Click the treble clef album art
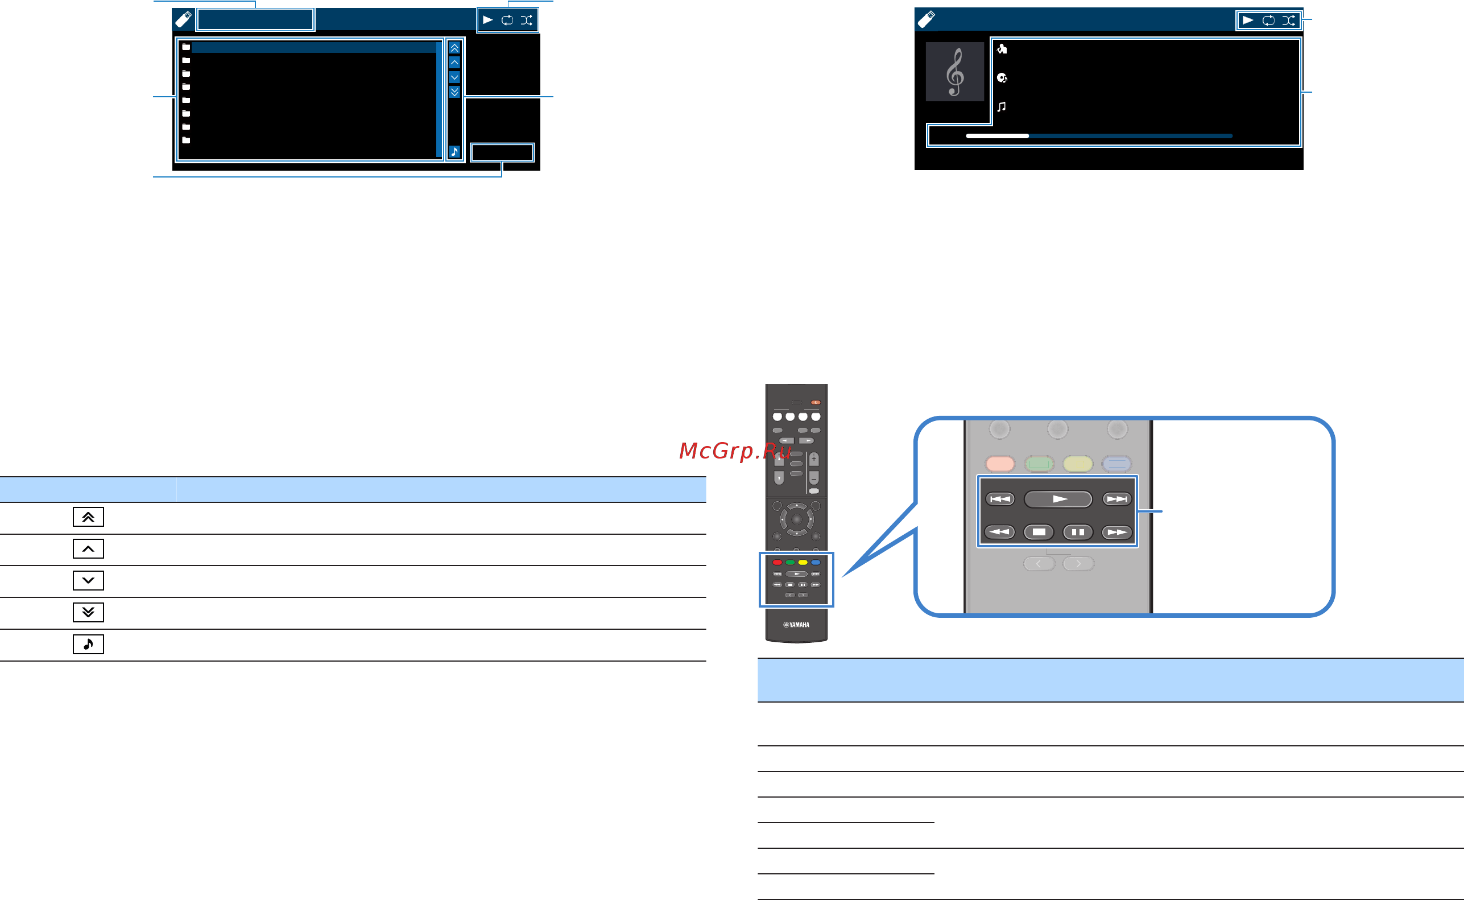click(x=954, y=72)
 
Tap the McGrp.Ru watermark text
click(x=735, y=451)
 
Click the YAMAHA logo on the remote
click(x=796, y=625)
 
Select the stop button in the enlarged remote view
click(x=1039, y=532)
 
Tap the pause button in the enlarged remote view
click(x=1078, y=532)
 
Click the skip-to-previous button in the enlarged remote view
click(x=1000, y=499)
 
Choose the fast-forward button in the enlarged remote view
click(x=1116, y=532)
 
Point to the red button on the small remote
click(x=778, y=563)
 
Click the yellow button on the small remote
click(x=803, y=563)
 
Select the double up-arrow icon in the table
click(x=88, y=517)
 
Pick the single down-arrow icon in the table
click(x=88, y=580)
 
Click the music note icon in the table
click(x=88, y=644)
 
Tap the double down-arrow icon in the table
click(x=88, y=612)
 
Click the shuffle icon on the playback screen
click(x=1288, y=20)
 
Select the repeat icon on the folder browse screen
click(x=507, y=20)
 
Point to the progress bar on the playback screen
click(x=1099, y=136)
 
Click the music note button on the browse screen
click(x=454, y=152)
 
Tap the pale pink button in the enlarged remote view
click(x=1000, y=463)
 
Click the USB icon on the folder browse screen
click(x=183, y=19)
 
